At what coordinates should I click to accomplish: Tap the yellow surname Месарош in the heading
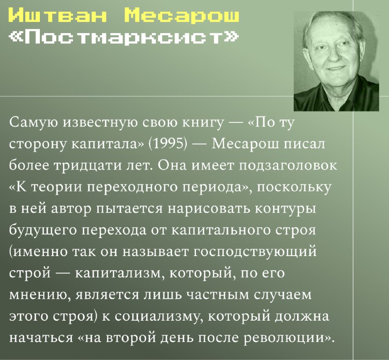[x=181, y=15]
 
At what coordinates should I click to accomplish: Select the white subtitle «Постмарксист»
[x=124, y=37]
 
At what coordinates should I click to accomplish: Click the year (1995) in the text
[x=167, y=144]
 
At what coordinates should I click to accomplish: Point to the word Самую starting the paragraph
[x=34, y=122]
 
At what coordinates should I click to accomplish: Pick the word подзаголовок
[x=288, y=165]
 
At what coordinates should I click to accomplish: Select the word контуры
[x=285, y=209]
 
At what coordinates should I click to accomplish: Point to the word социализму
[x=159, y=317]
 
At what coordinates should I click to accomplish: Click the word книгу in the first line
[x=203, y=122]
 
